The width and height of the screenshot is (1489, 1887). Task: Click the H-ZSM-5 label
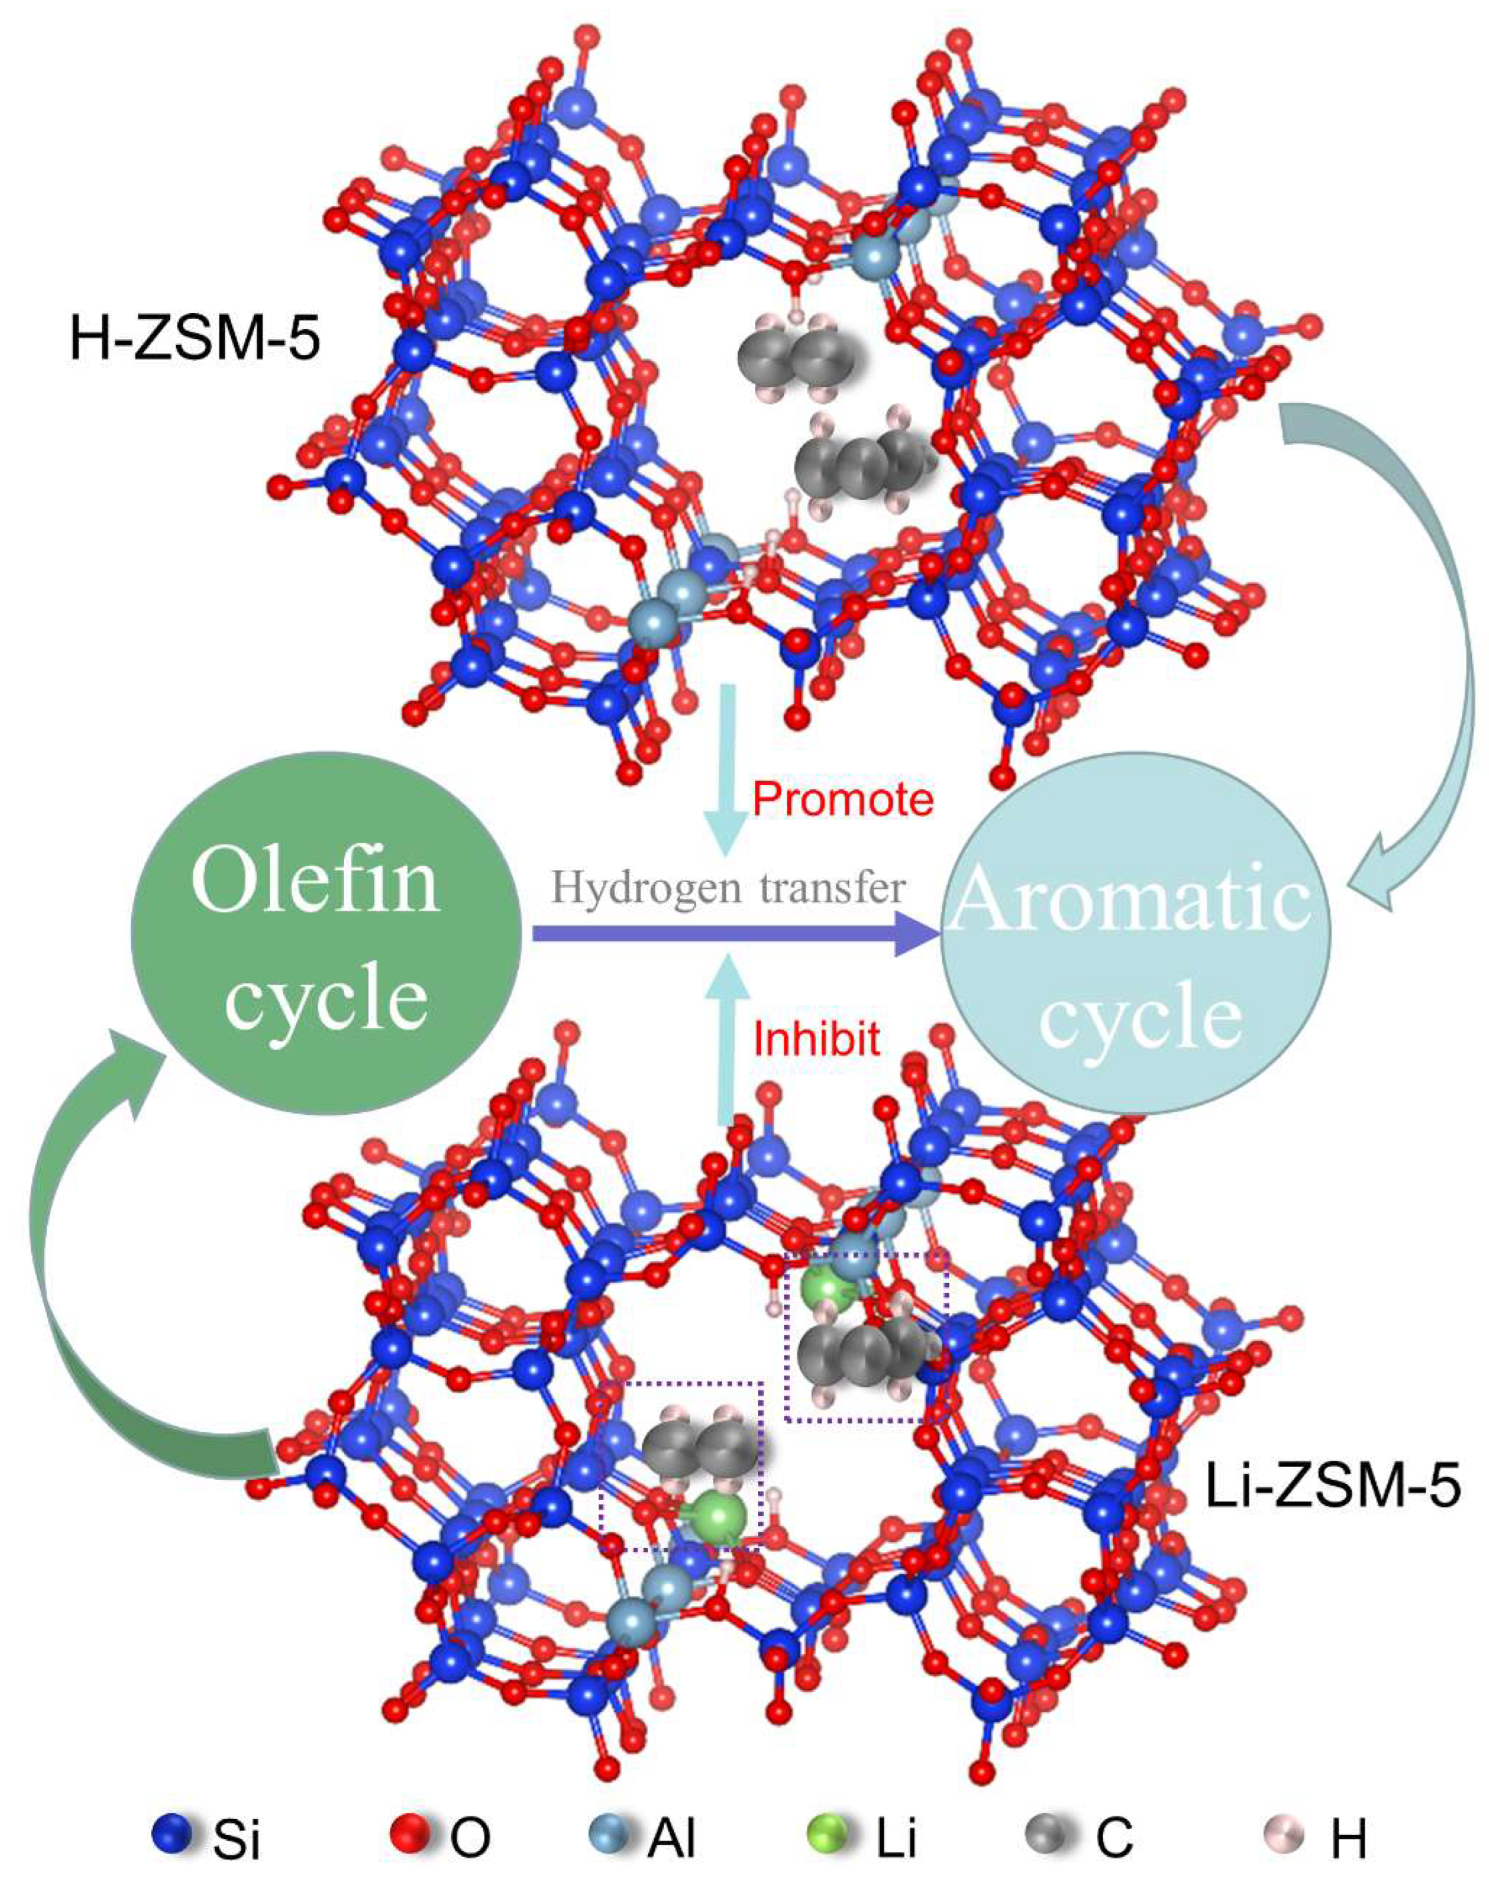(x=195, y=339)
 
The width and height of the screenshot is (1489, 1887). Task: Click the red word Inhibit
(x=817, y=1039)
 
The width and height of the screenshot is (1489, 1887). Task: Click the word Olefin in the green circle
(x=315, y=882)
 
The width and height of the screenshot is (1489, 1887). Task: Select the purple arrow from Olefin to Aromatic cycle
(x=732, y=933)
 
